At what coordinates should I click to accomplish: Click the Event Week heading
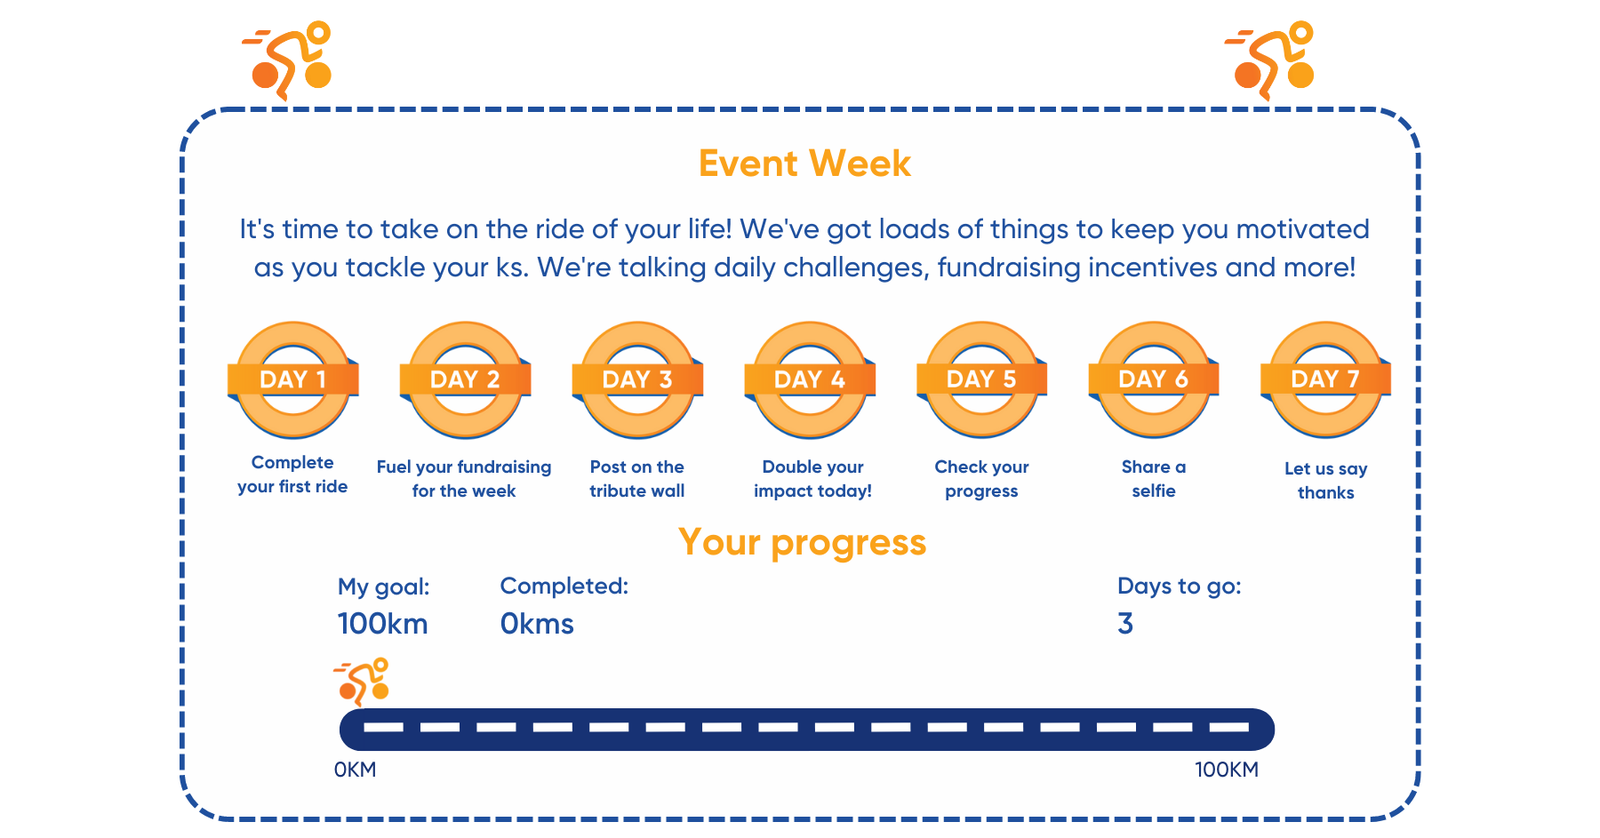[x=804, y=164]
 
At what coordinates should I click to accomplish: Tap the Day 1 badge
[x=293, y=379]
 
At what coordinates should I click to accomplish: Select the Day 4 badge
[x=810, y=379]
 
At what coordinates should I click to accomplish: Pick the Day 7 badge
[x=1326, y=379]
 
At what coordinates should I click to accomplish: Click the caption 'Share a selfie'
[x=1154, y=479]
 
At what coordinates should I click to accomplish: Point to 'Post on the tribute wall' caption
[x=637, y=479]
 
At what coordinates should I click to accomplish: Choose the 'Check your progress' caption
[x=981, y=479]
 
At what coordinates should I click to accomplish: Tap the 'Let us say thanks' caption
[x=1325, y=481]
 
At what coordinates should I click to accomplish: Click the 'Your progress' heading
[x=802, y=542]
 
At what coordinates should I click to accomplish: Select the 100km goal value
[x=382, y=624]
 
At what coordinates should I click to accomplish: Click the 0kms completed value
[x=537, y=624]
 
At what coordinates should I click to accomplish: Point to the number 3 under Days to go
[x=1125, y=624]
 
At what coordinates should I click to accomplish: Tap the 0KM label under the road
[x=355, y=770]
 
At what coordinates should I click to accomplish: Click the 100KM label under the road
[x=1226, y=770]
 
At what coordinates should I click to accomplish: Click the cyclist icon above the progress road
[x=362, y=681]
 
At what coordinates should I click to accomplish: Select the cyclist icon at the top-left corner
[x=286, y=60]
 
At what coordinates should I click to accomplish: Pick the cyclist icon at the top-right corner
[x=1269, y=60]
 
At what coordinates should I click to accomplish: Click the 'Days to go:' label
[x=1180, y=587]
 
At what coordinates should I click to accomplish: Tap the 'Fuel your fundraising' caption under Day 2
[x=464, y=467]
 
